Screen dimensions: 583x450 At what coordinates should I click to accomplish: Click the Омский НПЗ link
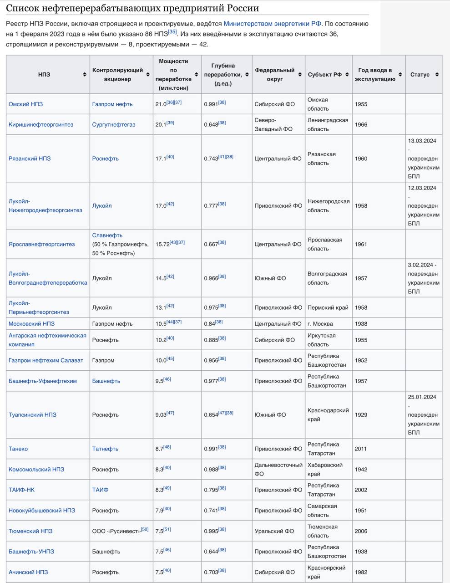25,104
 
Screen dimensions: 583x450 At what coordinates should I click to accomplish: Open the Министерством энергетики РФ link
273,24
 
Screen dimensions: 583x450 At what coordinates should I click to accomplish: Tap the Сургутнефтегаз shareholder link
113,125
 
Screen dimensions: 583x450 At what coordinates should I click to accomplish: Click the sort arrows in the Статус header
437,75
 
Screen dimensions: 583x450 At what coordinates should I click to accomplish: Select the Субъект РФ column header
324,75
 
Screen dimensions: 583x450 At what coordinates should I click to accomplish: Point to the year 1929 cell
361,415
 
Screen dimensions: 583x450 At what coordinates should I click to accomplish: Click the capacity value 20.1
161,125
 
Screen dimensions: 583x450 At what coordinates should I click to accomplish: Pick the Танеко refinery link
18,449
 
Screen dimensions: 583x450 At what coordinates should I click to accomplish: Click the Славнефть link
107,235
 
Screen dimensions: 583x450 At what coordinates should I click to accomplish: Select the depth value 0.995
211,532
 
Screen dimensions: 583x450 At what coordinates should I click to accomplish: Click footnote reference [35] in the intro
172,32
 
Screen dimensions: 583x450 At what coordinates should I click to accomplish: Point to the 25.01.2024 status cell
423,415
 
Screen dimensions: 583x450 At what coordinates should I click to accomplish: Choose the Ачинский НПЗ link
28,573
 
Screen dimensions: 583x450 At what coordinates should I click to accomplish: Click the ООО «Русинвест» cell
116,532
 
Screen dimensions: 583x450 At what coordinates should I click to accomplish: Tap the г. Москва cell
320,324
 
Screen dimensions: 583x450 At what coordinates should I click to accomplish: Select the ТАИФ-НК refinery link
21,490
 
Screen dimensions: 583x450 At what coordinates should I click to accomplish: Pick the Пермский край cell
328,308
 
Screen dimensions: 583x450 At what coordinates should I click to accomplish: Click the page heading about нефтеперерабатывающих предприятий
132,8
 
